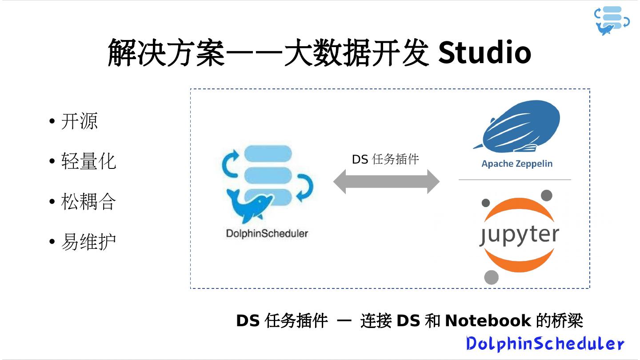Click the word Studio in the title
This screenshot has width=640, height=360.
(x=484, y=52)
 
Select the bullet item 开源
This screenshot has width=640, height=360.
(x=79, y=121)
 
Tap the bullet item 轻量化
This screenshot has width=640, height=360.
(x=88, y=161)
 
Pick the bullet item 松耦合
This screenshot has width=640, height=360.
(x=88, y=201)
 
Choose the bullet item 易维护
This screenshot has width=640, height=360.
(x=88, y=242)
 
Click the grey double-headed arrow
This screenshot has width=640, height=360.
(x=386, y=181)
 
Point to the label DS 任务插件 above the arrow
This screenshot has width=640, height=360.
(x=385, y=159)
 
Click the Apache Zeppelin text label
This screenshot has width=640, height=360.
(x=517, y=164)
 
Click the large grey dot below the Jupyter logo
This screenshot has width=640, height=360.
(x=491, y=277)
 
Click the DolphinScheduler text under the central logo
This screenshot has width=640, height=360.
(x=267, y=233)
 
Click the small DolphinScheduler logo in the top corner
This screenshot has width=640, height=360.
(x=612, y=20)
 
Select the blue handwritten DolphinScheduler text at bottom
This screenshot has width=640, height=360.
(x=545, y=343)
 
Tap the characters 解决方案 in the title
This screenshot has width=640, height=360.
(x=166, y=52)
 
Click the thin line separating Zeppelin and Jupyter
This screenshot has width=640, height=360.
(x=515, y=180)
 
